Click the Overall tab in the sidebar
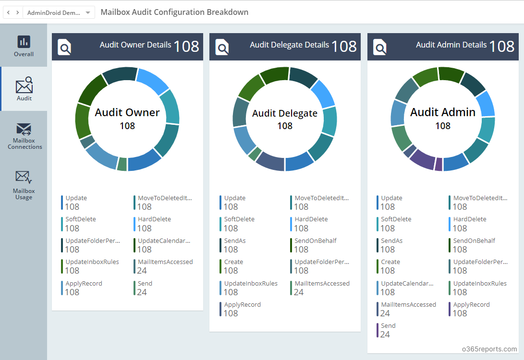pyautogui.click(x=24, y=46)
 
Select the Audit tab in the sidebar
pyautogui.click(x=24, y=89)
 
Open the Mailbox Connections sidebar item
pyautogui.click(x=24, y=136)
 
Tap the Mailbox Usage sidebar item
pyautogui.click(x=24, y=185)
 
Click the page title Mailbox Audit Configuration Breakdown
pyautogui.click(x=174, y=12)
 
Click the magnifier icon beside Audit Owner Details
pyautogui.click(x=64, y=47)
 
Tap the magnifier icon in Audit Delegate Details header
pyautogui.click(x=222, y=47)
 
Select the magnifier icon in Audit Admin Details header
pyautogui.click(x=380, y=47)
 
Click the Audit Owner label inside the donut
pyautogui.click(x=127, y=112)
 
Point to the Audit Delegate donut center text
pyautogui.click(x=285, y=113)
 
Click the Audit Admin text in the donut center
pyautogui.click(x=442, y=112)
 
